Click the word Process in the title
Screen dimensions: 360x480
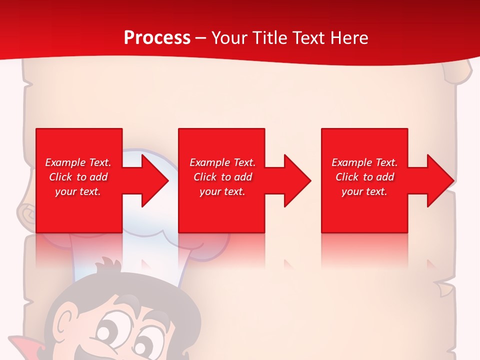point(157,38)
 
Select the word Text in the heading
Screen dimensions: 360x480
point(307,38)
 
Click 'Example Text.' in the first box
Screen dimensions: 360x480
point(78,162)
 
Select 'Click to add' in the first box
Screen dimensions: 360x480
point(78,177)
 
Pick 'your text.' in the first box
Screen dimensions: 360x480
point(78,191)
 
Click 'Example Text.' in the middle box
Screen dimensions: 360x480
point(222,162)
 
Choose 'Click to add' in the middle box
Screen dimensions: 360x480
point(222,177)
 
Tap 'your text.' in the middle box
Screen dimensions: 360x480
point(222,191)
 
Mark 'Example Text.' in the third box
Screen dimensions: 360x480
point(364,162)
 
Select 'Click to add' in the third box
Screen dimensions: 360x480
point(364,177)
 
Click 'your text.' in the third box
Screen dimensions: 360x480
point(364,191)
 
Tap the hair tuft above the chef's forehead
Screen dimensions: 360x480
point(107,265)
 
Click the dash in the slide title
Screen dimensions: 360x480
point(200,38)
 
